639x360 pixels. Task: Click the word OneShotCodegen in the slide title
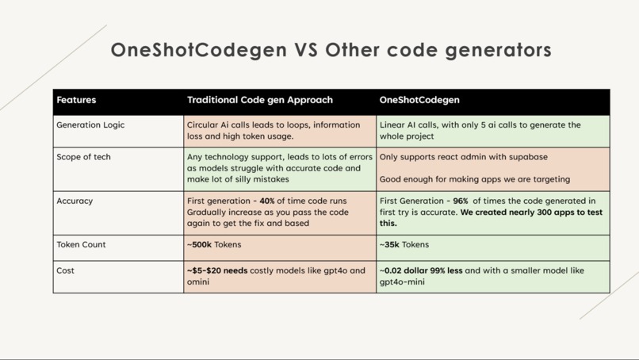(x=199, y=51)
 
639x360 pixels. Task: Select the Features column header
(x=76, y=101)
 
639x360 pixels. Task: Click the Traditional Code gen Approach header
(x=259, y=101)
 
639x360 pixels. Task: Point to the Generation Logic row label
(x=90, y=125)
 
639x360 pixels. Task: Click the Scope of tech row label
(x=83, y=157)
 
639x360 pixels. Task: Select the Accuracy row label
(x=75, y=201)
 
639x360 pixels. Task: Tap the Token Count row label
(x=81, y=245)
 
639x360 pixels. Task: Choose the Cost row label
(x=65, y=270)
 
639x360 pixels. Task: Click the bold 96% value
(x=461, y=201)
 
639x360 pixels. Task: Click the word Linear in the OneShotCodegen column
(x=394, y=125)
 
